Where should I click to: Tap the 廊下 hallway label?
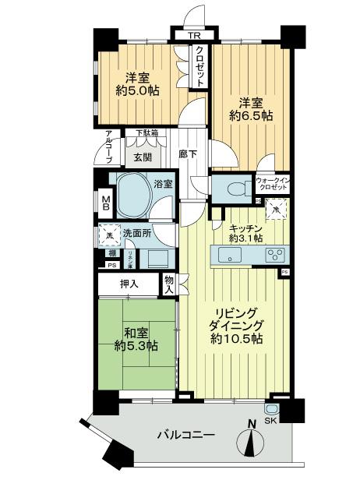click(x=187, y=154)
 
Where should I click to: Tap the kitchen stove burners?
click(x=275, y=254)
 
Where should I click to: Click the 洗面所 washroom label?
click(x=135, y=232)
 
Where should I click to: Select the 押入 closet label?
click(x=128, y=284)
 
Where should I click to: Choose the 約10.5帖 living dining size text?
click(x=235, y=340)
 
